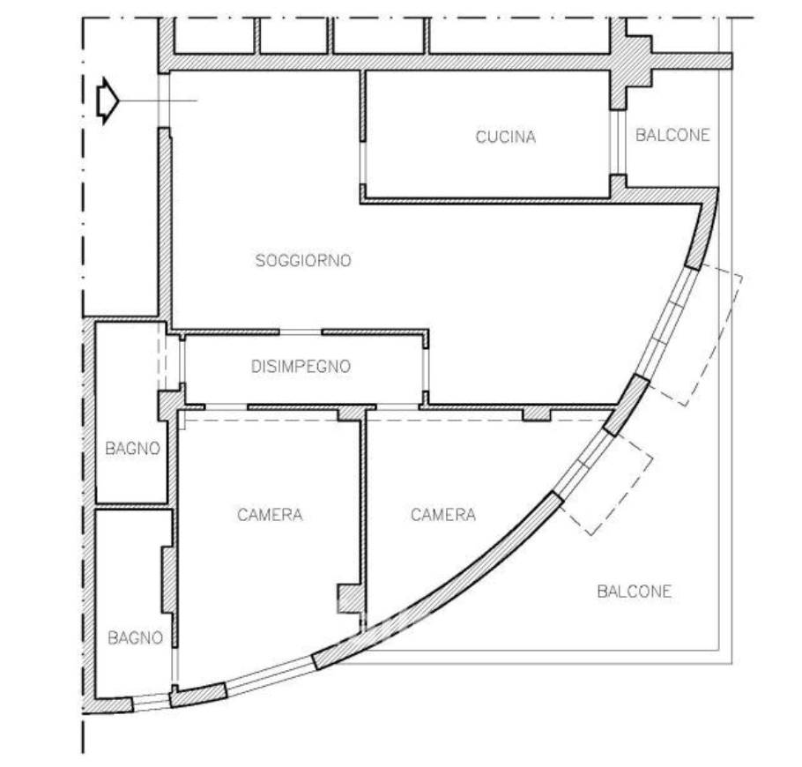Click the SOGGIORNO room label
pos(303,260)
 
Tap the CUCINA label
pos(505,137)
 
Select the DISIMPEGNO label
pos(301,367)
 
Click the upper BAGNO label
pos(132,448)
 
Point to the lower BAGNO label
pos(136,637)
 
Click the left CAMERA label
pos(270,514)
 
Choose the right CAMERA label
pos(443,514)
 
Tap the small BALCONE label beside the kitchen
pos(672,135)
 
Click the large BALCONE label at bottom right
pos(635,592)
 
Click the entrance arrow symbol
pos(108,101)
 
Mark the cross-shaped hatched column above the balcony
pos(630,64)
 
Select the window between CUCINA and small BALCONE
pos(619,142)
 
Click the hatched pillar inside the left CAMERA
pos(350,599)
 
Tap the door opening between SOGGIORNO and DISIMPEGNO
pos(301,332)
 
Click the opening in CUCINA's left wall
pos(362,162)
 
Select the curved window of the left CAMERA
pos(270,674)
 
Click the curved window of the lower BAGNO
pos(152,702)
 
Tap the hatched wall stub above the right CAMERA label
pos(536,414)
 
